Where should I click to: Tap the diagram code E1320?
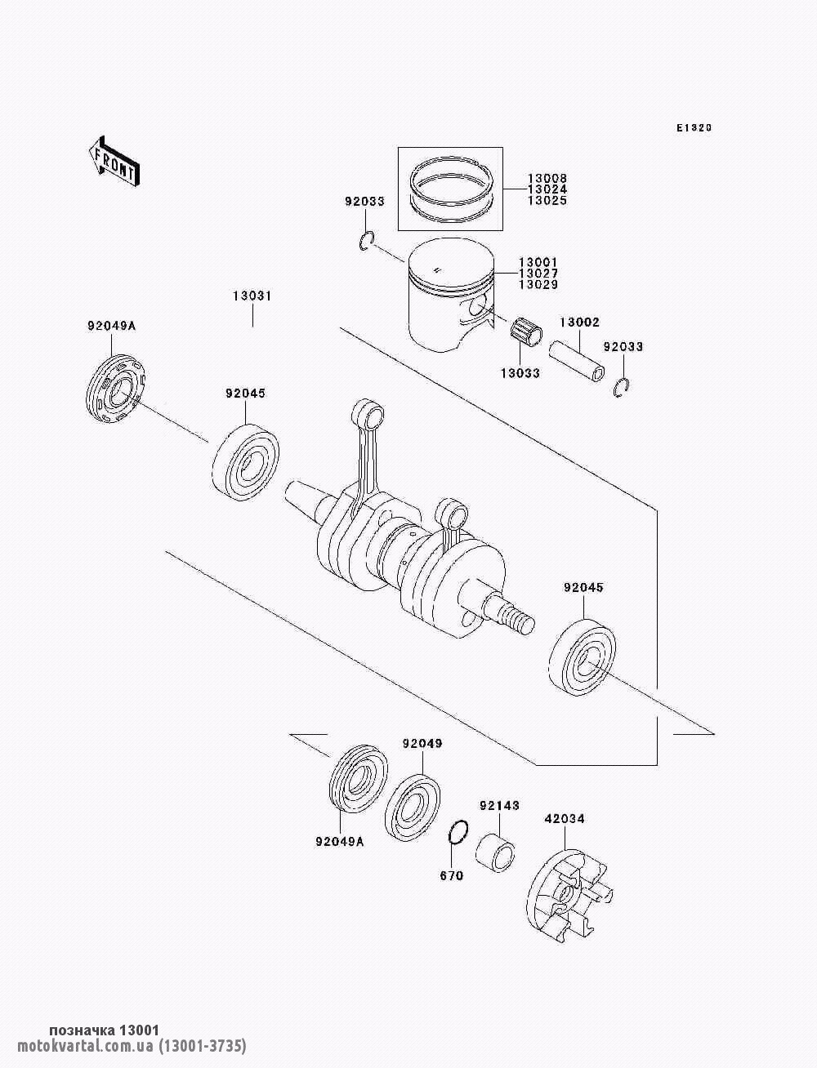(694, 128)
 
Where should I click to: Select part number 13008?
(547, 179)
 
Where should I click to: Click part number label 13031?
(252, 296)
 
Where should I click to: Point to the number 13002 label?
(579, 322)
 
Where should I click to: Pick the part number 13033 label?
(520, 373)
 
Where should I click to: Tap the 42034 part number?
(565, 819)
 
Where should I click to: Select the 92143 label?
(499, 806)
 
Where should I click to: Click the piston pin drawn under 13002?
(578, 362)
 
